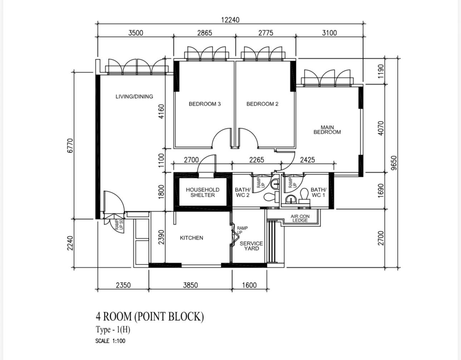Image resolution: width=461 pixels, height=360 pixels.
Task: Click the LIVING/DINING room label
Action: coord(134,96)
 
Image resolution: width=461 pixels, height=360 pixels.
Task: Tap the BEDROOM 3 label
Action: coord(205,104)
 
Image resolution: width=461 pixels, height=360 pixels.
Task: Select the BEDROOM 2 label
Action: coord(262,104)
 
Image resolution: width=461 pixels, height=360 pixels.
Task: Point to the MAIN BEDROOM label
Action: coord(327,130)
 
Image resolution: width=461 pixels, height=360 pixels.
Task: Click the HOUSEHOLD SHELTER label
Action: coord(203,192)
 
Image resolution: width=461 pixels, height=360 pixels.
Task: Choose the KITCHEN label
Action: coord(191,238)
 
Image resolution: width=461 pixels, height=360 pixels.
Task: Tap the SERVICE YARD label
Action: coord(251,246)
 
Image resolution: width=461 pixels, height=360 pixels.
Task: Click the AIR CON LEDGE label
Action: coord(300,218)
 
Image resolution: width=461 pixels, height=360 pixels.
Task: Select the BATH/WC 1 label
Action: coord(318,192)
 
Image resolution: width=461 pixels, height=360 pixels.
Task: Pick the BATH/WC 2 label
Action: coord(243,192)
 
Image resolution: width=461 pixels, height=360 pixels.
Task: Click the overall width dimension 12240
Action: coord(230,20)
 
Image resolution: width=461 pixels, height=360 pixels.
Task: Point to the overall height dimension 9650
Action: coord(394,163)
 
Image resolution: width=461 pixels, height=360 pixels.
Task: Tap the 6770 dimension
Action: coord(70,145)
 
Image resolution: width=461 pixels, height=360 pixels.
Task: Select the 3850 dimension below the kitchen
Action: coord(190,285)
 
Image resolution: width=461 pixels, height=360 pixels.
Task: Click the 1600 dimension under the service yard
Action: coord(249,285)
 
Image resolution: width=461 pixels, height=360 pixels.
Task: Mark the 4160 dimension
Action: coord(161,111)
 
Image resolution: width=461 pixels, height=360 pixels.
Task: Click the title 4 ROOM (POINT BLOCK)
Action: coord(150,317)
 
